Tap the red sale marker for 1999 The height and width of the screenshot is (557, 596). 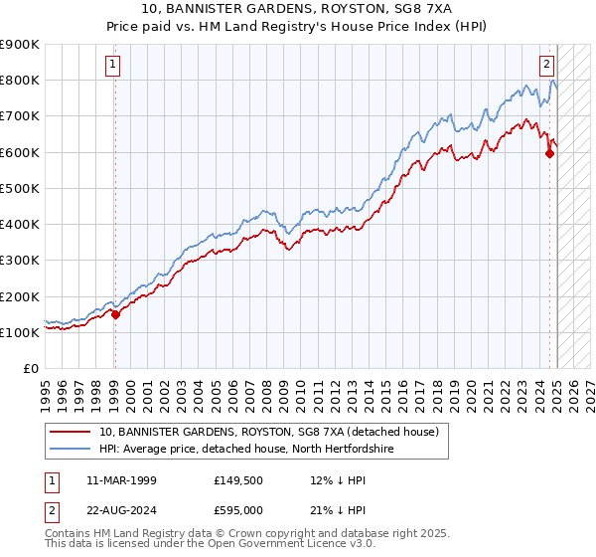[x=115, y=314]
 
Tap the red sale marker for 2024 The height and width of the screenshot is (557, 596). [x=549, y=153]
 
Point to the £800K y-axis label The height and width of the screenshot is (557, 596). [x=20, y=81]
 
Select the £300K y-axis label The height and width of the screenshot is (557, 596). [x=20, y=261]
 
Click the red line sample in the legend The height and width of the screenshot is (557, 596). [x=71, y=432]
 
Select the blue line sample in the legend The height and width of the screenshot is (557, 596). [x=71, y=449]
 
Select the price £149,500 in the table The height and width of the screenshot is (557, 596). [x=239, y=479]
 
